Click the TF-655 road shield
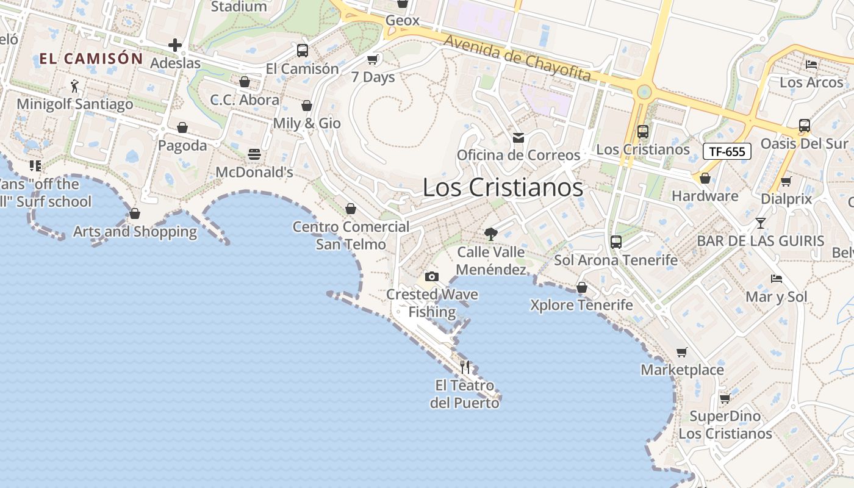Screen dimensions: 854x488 point(727,151)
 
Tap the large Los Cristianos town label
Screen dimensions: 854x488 point(503,188)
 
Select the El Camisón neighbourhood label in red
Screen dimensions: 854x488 point(91,59)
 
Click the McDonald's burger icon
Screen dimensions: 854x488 point(254,154)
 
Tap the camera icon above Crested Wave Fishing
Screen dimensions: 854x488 point(432,276)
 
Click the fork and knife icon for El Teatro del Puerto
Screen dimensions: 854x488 point(465,367)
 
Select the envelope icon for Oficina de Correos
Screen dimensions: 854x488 point(518,138)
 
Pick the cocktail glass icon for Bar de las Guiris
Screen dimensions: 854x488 point(760,223)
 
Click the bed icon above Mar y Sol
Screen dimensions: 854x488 point(776,279)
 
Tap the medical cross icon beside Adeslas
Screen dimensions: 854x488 point(175,45)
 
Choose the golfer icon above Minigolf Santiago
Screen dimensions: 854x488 point(74,86)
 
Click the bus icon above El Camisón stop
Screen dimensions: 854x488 point(302,51)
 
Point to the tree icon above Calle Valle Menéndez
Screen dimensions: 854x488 point(490,234)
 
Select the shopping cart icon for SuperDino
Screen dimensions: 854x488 point(725,398)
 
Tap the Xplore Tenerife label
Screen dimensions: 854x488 point(581,304)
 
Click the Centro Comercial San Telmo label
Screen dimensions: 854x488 point(351,235)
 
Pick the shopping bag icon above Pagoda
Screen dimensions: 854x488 point(182,127)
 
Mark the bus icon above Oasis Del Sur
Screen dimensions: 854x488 point(804,126)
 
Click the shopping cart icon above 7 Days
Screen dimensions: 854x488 point(372,59)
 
